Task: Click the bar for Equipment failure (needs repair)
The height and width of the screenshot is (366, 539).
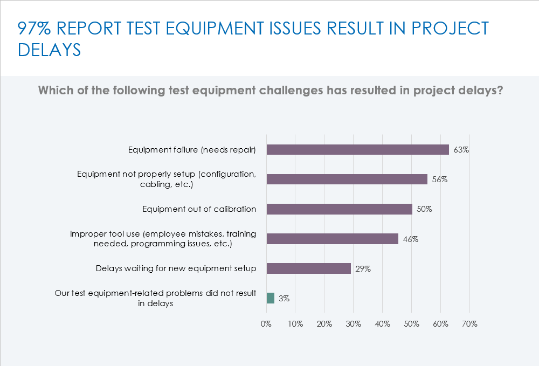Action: (358, 150)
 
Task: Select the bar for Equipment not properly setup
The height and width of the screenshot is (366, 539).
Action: (347, 179)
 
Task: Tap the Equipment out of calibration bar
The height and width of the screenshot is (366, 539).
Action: (340, 209)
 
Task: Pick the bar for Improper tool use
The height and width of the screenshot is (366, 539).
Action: (333, 239)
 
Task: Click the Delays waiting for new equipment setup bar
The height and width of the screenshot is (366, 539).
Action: (309, 268)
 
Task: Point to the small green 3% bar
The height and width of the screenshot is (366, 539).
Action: (271, 298)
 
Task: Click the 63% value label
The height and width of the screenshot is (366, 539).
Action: (461, 150)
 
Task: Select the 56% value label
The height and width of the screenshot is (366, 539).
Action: (439, 179)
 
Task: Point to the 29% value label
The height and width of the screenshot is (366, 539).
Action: (362, 268)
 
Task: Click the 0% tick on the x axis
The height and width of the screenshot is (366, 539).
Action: (266, 324)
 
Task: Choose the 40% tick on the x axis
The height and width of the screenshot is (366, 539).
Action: (382, 324)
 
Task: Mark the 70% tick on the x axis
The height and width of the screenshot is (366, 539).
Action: (469, 324)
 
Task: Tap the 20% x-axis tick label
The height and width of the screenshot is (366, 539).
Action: (324, 324)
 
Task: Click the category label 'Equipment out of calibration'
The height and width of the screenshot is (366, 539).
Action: (199, 209)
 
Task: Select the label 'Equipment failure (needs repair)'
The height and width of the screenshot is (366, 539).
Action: (192, 150)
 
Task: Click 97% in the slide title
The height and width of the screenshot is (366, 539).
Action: (33, 28)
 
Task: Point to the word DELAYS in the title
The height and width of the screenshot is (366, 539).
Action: (49, 50)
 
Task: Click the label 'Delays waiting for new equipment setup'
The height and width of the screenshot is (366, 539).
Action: (176, 268)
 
